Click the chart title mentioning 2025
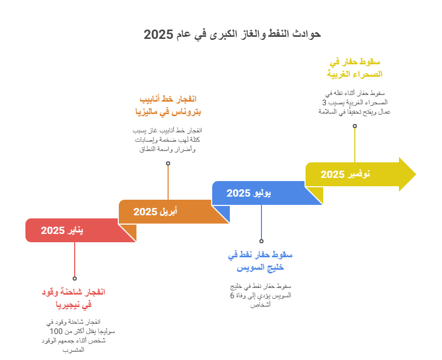click(232, 34)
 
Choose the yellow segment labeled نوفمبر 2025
click(346, 174)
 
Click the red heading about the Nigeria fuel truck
click(73, 298)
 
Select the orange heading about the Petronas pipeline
click(168, 105)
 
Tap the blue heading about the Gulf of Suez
click(260, 261)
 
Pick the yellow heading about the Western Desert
click(355, 68)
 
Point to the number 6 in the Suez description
click(232, 295)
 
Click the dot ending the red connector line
click(75, 279)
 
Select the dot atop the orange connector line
click(168, 163)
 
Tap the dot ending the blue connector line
click(261, 241)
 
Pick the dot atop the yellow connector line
click(355, 126)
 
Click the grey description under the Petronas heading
click(168, 140)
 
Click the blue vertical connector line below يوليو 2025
click(261, 223)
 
